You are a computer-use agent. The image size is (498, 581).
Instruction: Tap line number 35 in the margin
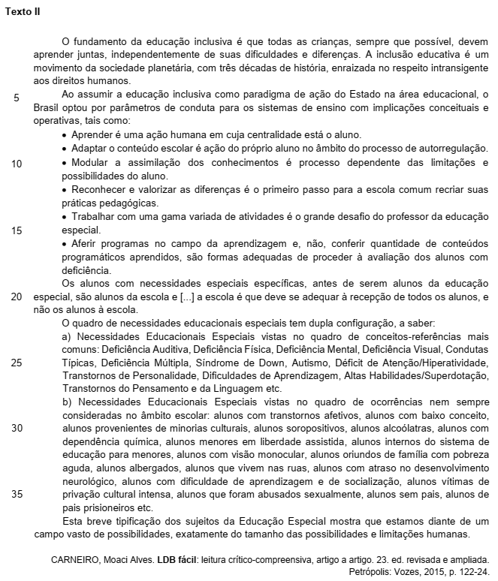(17, 494)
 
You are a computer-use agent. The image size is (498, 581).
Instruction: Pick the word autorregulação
(453, 149)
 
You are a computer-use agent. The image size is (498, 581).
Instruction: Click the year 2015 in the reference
(419, 572)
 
